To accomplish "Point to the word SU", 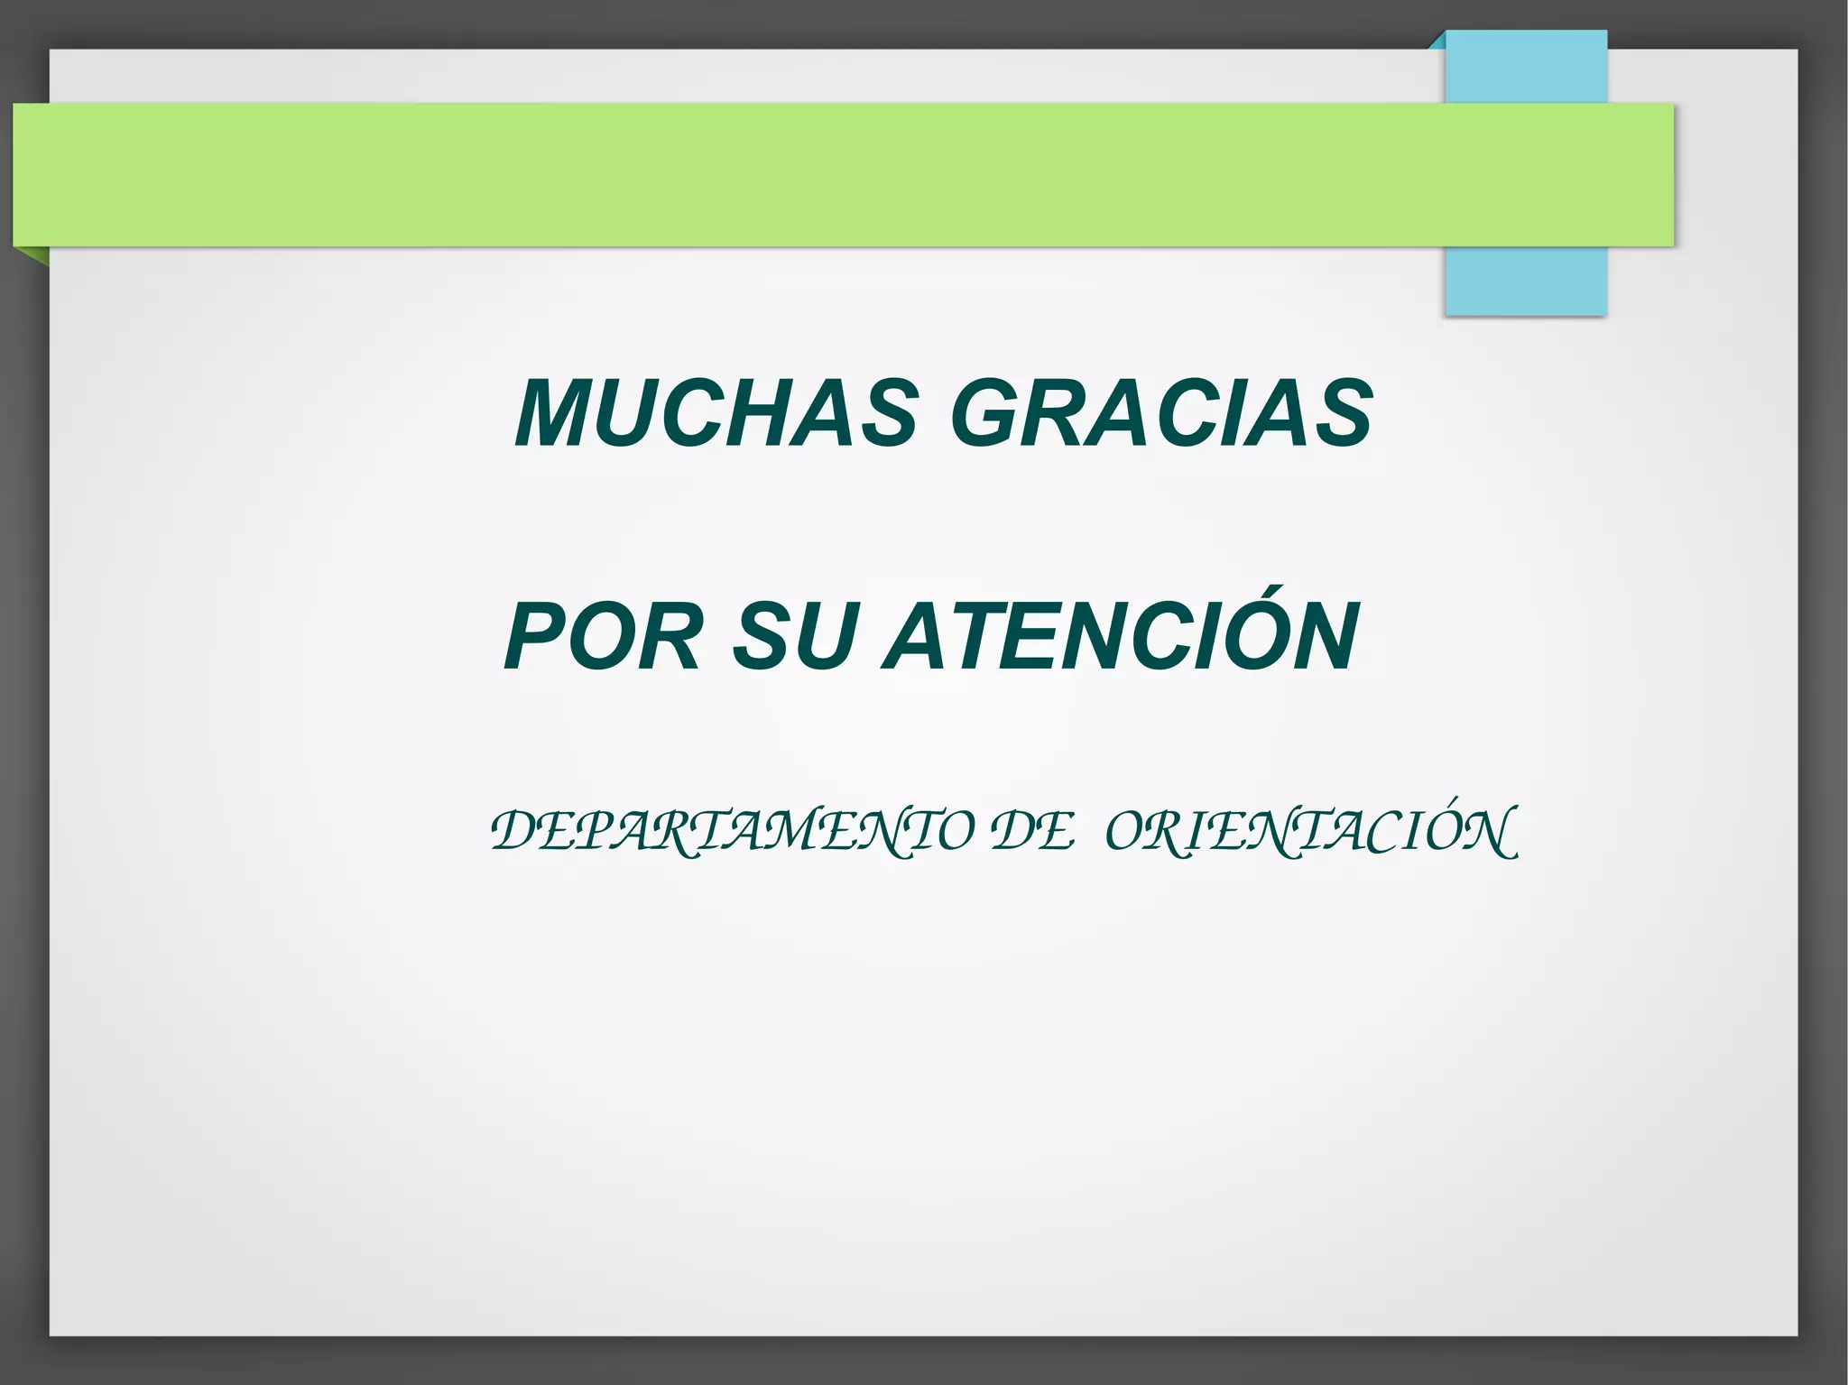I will (x=794, y=637).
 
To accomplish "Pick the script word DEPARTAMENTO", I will (x=732, y=831).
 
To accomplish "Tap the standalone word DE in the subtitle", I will (x=1032, y=831).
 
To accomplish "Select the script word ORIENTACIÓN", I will (x=1311, y=831).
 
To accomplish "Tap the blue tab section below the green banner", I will (x=1526, y=281).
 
